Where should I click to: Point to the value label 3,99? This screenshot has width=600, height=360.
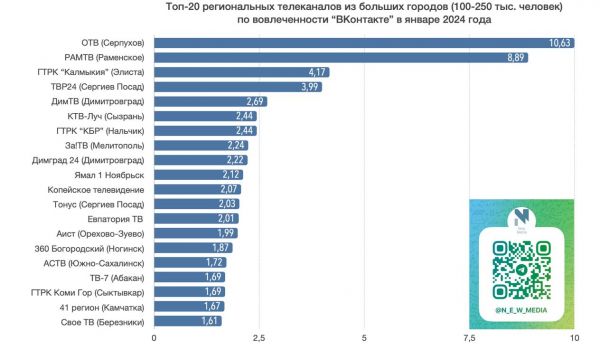[310, 87]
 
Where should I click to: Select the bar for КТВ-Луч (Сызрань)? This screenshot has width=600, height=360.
[205, 116]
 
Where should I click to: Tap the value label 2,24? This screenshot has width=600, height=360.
[237, 145]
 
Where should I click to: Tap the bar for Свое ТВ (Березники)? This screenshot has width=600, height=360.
[187, 321]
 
